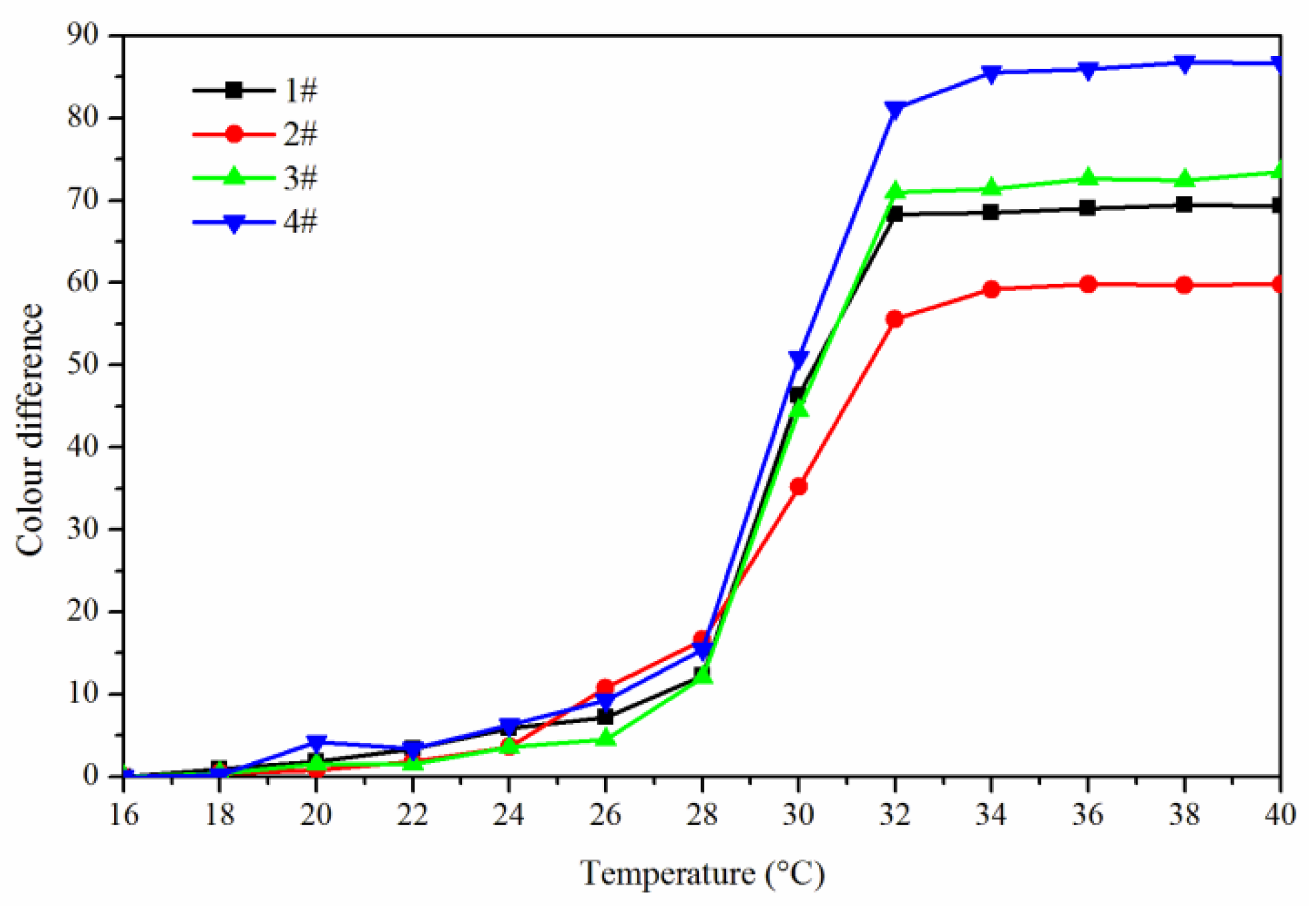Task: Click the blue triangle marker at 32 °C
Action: click(x=894, y=109)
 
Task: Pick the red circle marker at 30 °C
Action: click(x=798, y=487)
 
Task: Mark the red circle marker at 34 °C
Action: click(x=991, y=290)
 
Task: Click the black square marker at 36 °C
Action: click(x=1087, y=208)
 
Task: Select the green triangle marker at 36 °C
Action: click(x=1087, y=178)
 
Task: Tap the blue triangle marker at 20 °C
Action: click(x=316, y=742)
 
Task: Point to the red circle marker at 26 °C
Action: click(x=605, y=687)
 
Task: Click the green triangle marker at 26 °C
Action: click(x=605, y=738)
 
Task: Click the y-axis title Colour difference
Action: click(x=30, y=429)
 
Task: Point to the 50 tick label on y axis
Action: click(x=82, y=365)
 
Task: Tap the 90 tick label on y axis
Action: click(x=82, y=35)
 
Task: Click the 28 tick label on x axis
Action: click(x=702, y=815)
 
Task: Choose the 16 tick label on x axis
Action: click(x=124, y=815)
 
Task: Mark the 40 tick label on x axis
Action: click(x=1280, y=815)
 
